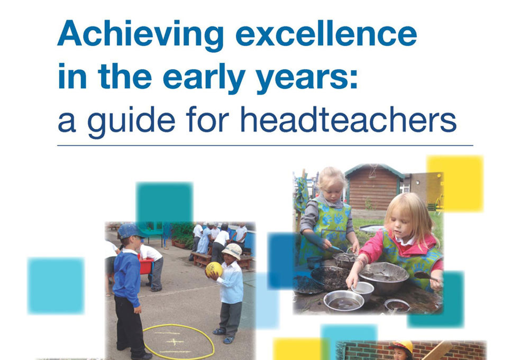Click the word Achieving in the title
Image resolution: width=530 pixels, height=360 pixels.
[x=140, y=35]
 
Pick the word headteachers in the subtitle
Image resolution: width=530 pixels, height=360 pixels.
[x=349, y=119]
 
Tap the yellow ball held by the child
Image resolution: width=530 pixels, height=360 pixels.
[x=214, y=270]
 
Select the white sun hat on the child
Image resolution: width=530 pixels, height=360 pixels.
[x=232, y=251]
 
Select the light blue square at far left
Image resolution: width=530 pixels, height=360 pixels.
[x=56, y=285]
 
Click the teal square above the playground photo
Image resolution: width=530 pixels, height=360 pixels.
[x=165, y=202]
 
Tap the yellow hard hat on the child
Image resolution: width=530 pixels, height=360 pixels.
[x=401, y=347]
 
